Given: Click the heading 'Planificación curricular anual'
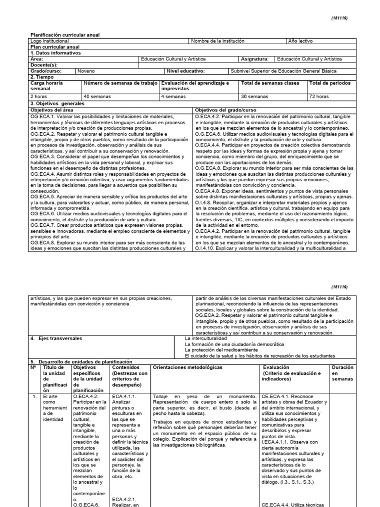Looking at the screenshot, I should [65, 35].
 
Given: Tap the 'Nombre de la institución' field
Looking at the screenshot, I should [218, 41].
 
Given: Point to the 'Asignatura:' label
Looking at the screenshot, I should [254, 59].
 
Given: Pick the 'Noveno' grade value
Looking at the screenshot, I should [85, 71].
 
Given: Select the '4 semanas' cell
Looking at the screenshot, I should [173, 97].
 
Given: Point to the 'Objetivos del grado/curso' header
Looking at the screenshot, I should [226, 110].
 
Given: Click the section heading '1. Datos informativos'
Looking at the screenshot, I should [55, 52].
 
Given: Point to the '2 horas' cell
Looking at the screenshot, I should [39, 97].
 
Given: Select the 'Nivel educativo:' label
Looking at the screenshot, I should [183, 71].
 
